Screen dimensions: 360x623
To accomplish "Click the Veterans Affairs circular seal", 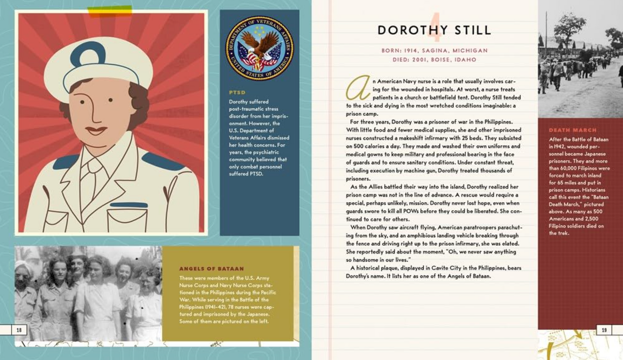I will coord(259,48).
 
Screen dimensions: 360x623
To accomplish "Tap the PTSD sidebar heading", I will coord(237,92).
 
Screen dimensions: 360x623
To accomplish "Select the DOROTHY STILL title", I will coord(434,30).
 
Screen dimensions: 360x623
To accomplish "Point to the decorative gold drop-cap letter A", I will coord(358,89).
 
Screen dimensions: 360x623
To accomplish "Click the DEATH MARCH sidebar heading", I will coord(573,130).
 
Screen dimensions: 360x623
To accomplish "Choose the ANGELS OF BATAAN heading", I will coord(211,269).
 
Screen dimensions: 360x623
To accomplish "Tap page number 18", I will coord(19,330).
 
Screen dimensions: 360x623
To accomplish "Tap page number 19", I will coord(604,330).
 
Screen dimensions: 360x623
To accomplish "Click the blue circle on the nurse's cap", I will coord(88,54).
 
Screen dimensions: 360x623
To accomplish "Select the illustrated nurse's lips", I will coord(96,129).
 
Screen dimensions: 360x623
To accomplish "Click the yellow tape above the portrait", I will coord(110,11).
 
